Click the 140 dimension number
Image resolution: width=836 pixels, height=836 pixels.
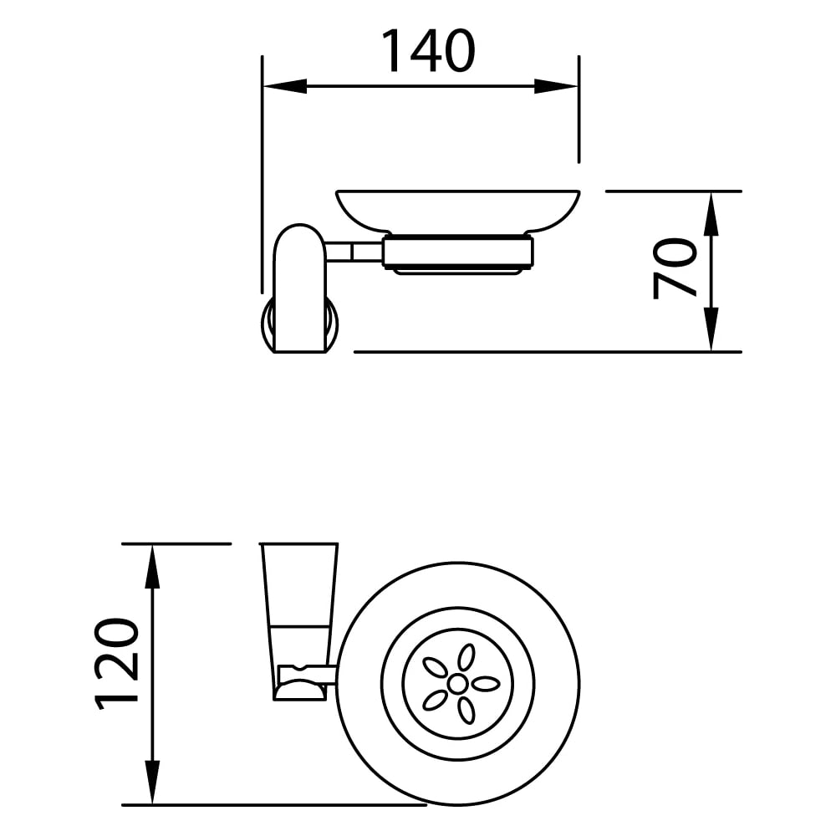pos(428,51)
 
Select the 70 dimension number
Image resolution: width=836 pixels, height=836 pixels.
pos(675,268)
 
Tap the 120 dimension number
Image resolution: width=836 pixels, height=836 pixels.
pos(116,665)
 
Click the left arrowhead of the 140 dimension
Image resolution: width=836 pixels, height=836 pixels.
pos(285,86)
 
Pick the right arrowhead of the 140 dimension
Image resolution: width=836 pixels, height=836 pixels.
pos(556,86)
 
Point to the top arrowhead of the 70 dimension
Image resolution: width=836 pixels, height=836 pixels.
pos(711,214)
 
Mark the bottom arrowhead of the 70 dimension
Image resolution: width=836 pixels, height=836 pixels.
pos(711,329)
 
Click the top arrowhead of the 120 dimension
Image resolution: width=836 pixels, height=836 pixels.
pos(152,567)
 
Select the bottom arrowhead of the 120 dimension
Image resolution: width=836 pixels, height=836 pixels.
pos(152,782)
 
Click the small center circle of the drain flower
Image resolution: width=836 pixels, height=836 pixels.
pos(457,684)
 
